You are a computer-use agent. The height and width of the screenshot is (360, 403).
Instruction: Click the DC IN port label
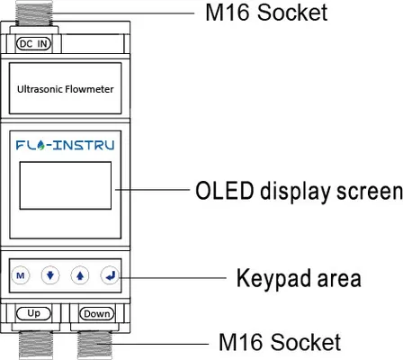(x=33, y=43)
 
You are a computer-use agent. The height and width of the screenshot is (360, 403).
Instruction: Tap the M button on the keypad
(x=21, y=275)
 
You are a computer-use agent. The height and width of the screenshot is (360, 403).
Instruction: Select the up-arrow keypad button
(x=80, y=275)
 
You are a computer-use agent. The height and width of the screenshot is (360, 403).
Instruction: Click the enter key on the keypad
(x=110, y=275)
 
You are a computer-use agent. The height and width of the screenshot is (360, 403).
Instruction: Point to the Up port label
(x=33, y=313)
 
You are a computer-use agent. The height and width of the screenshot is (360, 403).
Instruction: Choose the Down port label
(x=96, y=314)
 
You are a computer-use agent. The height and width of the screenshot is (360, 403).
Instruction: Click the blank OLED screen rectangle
(x=66, y=185)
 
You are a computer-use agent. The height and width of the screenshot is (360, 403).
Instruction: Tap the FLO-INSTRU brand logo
(x=65, y=145)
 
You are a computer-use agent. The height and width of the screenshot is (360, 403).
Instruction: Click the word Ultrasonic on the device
(x=40, y=89)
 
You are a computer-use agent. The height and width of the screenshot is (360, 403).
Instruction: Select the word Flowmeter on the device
(x=89, y=89)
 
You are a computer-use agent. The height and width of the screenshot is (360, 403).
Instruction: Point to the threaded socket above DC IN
(x=34, y=13)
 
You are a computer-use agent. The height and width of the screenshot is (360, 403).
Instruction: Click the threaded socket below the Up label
(x=36, y=345)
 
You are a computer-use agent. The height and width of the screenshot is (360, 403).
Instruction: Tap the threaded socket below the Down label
(x=94, y=345)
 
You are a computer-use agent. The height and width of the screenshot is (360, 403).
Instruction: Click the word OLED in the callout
(x=225, y=191)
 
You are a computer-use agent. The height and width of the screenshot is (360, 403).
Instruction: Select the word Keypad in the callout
(x=273, y=278)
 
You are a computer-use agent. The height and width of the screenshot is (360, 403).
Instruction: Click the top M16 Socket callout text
(x=266, y=13)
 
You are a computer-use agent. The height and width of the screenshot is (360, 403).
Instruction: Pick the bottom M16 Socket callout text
(x=280, y=342)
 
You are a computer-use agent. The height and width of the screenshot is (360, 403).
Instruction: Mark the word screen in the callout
(x=370, y=192)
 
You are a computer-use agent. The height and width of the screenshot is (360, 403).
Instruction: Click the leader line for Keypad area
(x=173, y=278)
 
